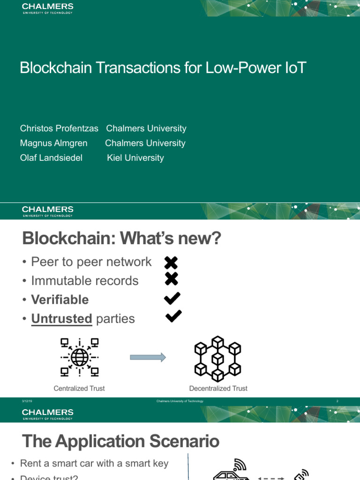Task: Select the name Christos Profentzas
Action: point(59,128)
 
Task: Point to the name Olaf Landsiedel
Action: point(51,158)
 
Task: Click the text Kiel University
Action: point(135,158)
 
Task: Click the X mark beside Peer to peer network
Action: point(172,263)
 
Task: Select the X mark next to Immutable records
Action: point(172,279)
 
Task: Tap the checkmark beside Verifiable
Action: point(173,298)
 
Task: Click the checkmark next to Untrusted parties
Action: point(173,316)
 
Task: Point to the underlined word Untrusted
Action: point(61,319)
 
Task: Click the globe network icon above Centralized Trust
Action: point(79,358)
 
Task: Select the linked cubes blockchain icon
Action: point(217,358)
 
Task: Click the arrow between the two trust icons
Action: point(148,358)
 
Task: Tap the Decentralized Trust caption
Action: point(218,388)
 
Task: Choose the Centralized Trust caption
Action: point(79,388)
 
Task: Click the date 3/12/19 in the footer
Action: point(26,401)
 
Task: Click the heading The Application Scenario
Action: point(120,441)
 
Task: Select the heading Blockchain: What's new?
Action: point(121,239)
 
